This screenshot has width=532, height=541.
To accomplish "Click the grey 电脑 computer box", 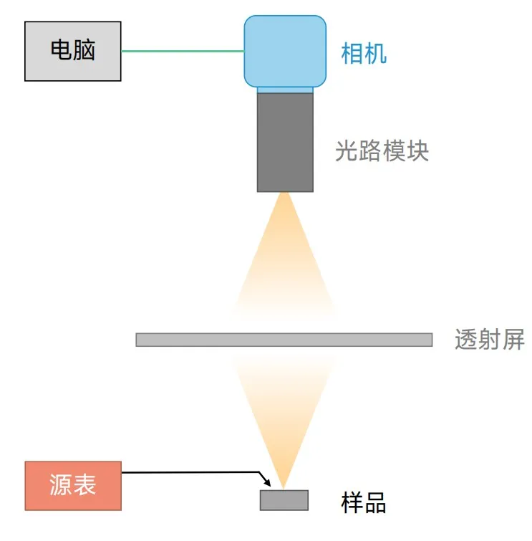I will point(73,51).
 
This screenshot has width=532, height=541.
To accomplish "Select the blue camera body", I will point(285,50).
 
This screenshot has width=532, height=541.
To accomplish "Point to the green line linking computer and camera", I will point(183,51).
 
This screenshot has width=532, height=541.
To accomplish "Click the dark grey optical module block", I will point(285,142).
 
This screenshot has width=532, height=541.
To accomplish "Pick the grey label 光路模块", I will point(382,151).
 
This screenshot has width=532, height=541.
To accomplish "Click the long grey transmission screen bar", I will point(284,340).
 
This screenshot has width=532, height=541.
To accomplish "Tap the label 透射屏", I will point(489,339).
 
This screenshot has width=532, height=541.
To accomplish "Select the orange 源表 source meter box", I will point(73,486).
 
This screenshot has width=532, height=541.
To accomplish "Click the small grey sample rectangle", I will point(284,499).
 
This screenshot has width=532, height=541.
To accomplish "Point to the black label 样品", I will point(364,502).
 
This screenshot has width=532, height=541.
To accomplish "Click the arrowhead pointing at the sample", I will point(266,483).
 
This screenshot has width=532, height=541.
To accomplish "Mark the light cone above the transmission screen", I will point(285,258).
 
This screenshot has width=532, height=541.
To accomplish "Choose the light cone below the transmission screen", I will point(284,408).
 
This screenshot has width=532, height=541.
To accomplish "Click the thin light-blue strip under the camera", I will point(285,90).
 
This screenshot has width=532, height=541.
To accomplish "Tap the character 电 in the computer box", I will point(62,51).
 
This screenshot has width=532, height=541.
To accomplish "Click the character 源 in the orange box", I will point(62,486).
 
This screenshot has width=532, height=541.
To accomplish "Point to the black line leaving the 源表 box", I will point(186,472).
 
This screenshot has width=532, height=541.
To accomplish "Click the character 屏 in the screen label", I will point(513,339).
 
